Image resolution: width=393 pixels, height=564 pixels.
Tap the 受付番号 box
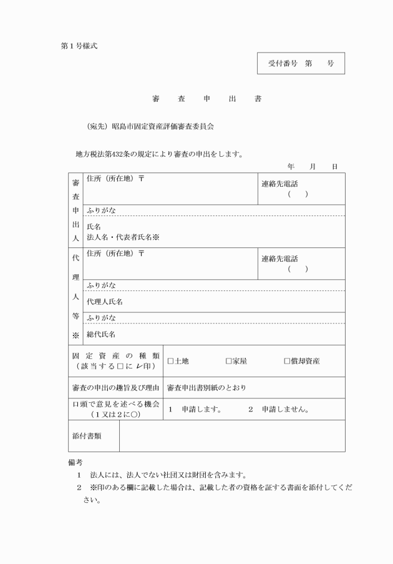pos(301,64)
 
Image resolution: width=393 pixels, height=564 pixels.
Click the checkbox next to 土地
pos(171,361)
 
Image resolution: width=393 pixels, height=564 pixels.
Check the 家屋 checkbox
pos(229,361)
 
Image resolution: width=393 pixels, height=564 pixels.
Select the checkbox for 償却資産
pos(287,361)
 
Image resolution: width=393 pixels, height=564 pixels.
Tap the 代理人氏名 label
pos(104,302)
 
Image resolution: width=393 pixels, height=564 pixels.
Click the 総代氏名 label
pos(100,335)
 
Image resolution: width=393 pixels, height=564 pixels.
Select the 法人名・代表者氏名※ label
pos(122,237)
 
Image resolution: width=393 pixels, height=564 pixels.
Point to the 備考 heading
pos(75,462)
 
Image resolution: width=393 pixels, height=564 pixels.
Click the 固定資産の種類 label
pos(115,355)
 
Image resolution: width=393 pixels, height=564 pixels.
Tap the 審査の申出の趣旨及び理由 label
pos(115,388)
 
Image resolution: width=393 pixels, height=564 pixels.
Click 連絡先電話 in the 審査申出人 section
pos(279,184)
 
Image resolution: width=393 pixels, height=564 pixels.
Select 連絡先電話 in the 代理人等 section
pos(279,259)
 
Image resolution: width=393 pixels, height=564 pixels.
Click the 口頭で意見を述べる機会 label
pos(115,405)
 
